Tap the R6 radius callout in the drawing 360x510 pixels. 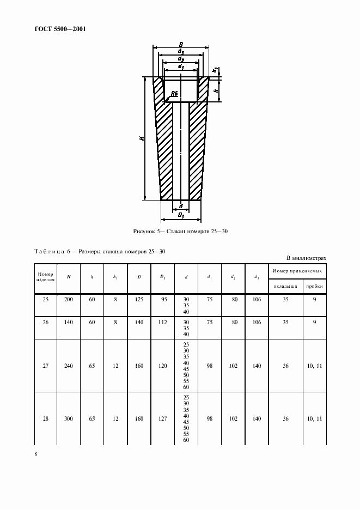pyautogui.click(x=174, y=94)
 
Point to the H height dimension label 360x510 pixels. pyautogui.click(x=142, y=139)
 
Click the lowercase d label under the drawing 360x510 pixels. pyautogui.click(x=181, y=205)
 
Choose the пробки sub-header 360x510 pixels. pyautogui.click(x=314, y=286)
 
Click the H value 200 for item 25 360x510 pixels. pyautogui.click(x=69, y=299)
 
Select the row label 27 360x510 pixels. pyautogui.click(x=45, y=366)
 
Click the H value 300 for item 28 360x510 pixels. pyautogui.click(x=69, y=419)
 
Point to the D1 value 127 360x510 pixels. pyautogui.click(x=163, y=419)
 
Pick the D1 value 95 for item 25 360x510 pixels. pyautogui.click(x=163, y=299)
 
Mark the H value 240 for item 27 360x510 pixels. pyautogui.click(x=69, y=366)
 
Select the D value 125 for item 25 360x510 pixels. pyautogui.click(x=139, y=299)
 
